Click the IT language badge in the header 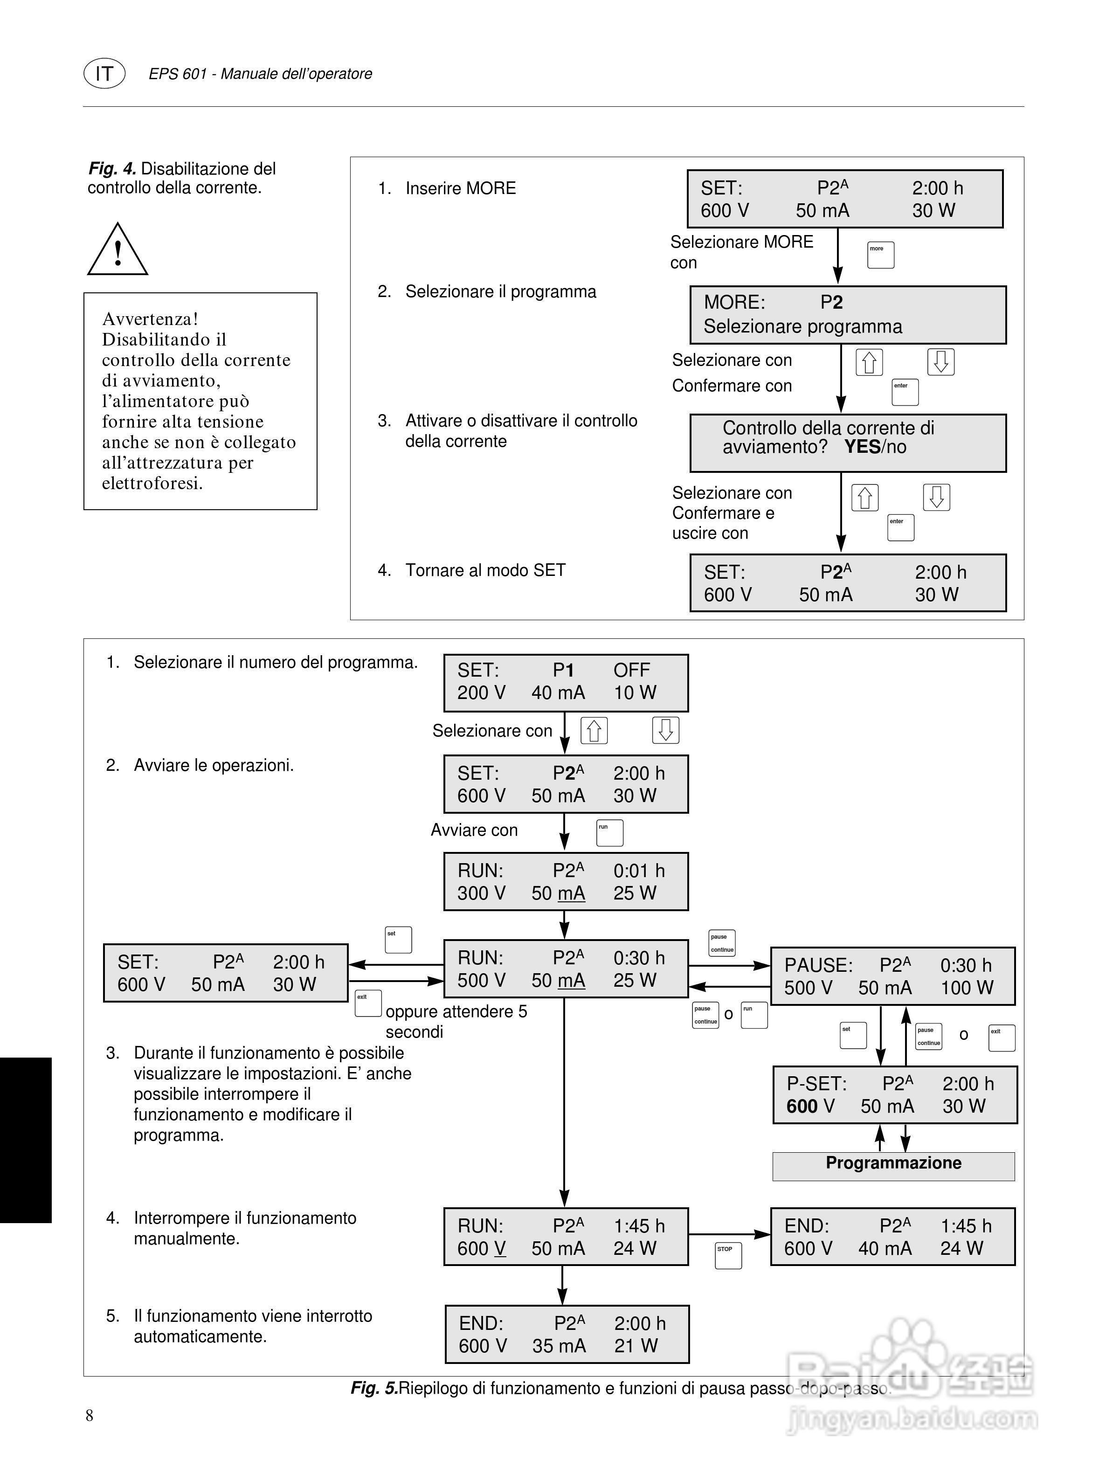coord(104,74)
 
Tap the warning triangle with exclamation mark coord(118,250)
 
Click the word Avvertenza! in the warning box coord(150,318)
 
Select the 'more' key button coord(880,255)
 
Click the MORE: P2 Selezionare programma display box coord(848,315)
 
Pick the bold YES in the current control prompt coord(862,447)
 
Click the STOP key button coord(728,1255)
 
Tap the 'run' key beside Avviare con coord(609,833)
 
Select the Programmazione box coord(893,1166)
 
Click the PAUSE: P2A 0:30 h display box coord(892,976)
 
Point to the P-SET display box coord(894,1095)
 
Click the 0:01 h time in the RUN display coord(639,871)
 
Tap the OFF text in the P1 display coord(631,670)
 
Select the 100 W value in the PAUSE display coord(967,988)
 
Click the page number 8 coord(90,1415)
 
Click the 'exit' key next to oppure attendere coord(367,1003)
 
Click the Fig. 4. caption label coord(112,169)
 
